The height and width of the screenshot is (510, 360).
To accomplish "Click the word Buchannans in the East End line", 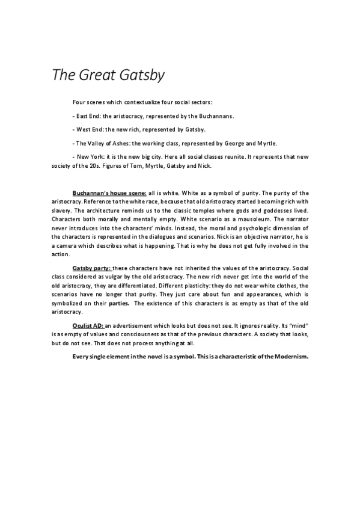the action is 216,116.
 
